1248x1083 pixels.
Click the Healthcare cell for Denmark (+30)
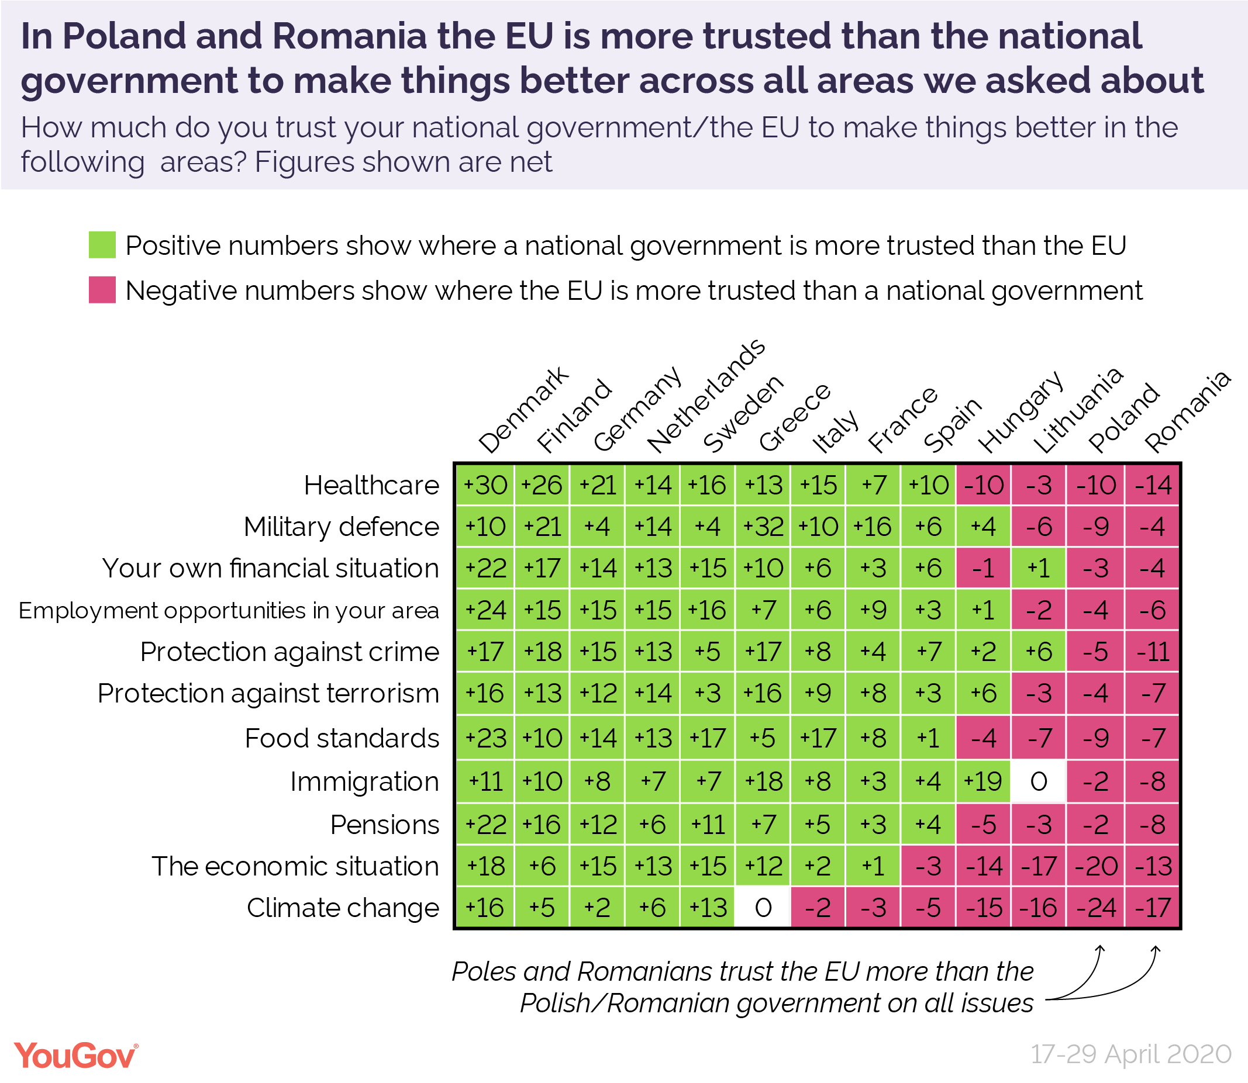click(485, 485)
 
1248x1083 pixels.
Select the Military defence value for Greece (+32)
click(763, 527)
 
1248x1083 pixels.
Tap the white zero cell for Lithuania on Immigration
click(1039, 782)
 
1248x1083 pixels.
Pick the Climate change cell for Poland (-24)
click(1095, 908)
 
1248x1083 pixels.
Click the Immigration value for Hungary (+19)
click(983, 782)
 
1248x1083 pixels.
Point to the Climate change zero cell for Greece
click(763, 908)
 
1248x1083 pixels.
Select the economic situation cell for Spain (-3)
click(928, 866)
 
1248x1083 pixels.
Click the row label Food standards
click(342, 739)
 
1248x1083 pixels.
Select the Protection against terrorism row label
click(268, 693)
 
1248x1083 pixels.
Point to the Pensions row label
click(385, 825)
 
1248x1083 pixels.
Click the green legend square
click(102, 245)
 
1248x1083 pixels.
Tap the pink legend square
click(102, 290)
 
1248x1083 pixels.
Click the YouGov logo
click(76, 1055)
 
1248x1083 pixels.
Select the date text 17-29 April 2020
click(1130, 1054)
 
